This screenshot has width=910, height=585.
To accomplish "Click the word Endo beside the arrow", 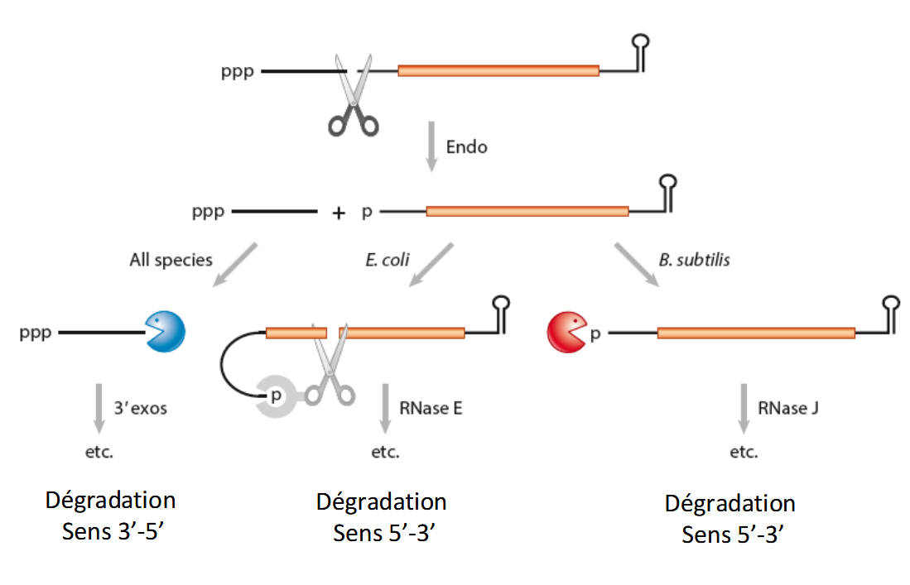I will click(x=467, y=147).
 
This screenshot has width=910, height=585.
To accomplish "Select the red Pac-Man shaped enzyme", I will click(x=566, y=333).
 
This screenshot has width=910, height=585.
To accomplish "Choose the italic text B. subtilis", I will click(x=694, y=259).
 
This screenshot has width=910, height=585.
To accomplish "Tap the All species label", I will click(x=171, y=260).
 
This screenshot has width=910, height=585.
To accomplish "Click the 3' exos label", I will click(x=142, y=408).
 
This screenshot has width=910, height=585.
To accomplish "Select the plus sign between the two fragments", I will click(x=338, y=213).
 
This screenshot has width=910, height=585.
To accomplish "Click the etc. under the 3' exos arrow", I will click(x=99, y=452).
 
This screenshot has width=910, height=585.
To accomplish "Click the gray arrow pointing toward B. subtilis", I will click(x=636, y=265).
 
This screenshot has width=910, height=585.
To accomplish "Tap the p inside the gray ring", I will click(x=277, y=396).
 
